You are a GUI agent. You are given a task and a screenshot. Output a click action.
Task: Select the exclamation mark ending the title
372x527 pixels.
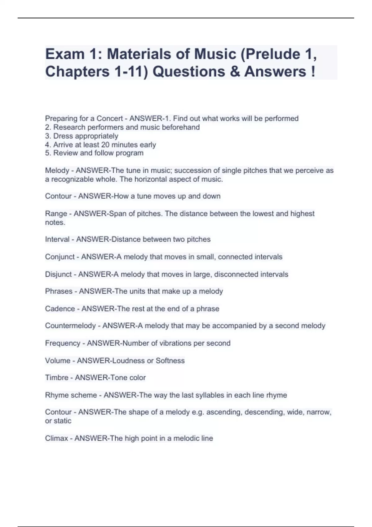click(312, 72)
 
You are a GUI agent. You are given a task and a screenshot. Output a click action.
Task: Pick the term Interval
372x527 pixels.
click(57, 239)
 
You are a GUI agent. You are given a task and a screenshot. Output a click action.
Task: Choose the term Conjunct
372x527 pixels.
click(60, 257)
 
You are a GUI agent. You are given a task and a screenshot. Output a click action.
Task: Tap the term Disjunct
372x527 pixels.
click(59, 274)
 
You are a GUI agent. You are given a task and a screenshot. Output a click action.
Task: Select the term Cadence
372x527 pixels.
click(60, 309)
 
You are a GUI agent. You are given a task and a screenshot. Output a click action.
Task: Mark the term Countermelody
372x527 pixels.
click(70, 326)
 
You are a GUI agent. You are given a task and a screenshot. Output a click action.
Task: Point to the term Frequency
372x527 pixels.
click(63, 343)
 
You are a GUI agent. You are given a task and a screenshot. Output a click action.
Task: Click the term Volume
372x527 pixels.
click(58, 361)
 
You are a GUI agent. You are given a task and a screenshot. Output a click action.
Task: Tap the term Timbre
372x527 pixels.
click(56, 378)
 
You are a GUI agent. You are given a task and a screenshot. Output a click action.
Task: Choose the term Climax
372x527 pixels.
click(56, 438)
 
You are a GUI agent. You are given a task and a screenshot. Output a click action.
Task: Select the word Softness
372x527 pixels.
click(170, 361)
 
